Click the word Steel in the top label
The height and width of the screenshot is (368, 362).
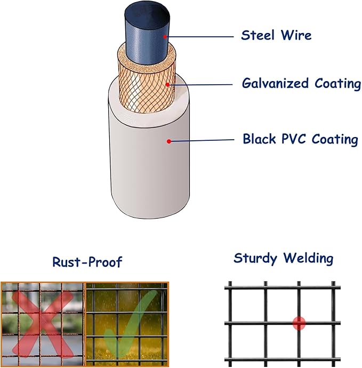(258, 35)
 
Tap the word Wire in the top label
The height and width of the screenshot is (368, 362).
(296, 35)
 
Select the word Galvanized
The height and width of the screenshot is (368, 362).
(275, 83)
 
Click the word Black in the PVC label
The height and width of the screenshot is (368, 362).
(259, 139)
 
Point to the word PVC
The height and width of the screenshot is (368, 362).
(294, 139)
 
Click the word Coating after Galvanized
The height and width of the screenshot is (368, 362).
(337, 84)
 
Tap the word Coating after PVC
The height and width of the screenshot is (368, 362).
(335, 139)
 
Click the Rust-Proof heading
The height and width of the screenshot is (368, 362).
(87, 262)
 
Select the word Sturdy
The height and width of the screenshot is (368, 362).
(255, 259)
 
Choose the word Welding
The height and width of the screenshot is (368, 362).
(308, 258)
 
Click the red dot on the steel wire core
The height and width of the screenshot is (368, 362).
(165, 37)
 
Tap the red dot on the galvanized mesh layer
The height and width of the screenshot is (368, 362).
(167, 84)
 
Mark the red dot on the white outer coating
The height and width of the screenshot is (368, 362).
(169, 141)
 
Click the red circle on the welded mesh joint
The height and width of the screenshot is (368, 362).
(299, 323)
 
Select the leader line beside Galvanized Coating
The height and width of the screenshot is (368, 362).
(200, 84)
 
